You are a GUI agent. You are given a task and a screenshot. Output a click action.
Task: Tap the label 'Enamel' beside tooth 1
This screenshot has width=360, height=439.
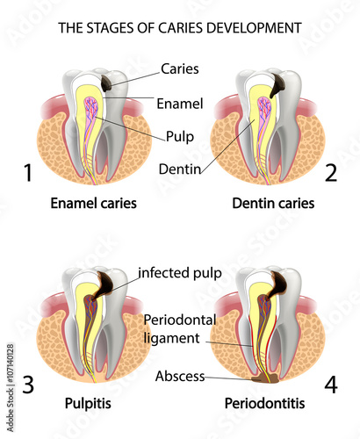click(180, 104)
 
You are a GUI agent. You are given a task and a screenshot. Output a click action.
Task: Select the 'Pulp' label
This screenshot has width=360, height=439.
click(180, 137)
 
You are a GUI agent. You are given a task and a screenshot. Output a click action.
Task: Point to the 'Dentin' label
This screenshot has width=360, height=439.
click(180, 169)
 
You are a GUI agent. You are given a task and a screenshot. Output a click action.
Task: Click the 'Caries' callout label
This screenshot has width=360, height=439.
click(180, 69)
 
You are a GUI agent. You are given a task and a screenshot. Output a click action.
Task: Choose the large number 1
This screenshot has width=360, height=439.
click(28, 173)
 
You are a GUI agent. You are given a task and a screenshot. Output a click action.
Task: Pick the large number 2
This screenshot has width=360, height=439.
click(331, 173)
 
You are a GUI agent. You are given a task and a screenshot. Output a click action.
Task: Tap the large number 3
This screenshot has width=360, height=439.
click(28, 385)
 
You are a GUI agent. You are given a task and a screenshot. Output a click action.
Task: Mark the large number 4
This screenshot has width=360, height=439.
click(331, 384)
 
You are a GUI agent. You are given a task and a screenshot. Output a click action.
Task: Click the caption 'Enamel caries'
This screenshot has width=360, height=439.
click(94, 203)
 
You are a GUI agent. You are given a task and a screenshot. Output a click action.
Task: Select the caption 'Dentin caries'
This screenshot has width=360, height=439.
click(273, 203)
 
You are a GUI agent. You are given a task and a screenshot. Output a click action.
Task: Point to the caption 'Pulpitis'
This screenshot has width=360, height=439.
click(88, 404)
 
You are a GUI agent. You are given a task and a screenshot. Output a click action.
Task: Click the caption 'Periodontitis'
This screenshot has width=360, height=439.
click(264, 404)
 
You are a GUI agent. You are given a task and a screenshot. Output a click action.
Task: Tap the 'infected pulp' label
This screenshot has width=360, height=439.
click(180, 273)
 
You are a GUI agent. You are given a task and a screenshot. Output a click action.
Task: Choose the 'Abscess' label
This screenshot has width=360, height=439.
click(180, 376)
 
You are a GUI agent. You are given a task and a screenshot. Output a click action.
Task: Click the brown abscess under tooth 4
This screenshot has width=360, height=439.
click(266, 379)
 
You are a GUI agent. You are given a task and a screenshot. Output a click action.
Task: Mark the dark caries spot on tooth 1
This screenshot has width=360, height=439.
click(107, 83)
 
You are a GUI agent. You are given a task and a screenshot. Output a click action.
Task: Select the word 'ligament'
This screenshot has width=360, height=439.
click(172, 338)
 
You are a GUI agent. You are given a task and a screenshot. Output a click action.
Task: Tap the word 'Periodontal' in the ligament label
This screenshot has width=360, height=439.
click(180, 320)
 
